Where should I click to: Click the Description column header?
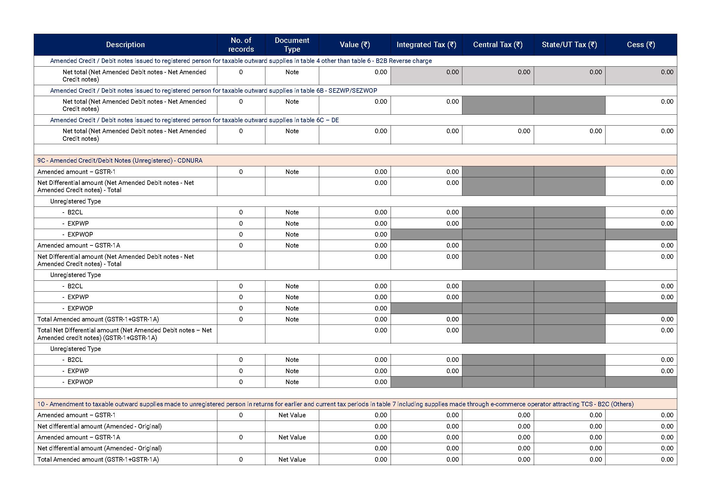click(x=125, y=45)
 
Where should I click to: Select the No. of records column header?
click(x=241, y=45)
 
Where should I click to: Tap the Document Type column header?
click(x=292, y=45)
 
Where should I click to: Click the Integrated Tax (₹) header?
click(x=426, y=45)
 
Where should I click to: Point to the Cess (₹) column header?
click(x=641, y=45)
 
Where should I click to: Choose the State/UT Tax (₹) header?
click(x=569, y=45)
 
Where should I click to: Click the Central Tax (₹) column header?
click(x=498, y=45)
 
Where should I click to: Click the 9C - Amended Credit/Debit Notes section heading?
click(x=120, y=161)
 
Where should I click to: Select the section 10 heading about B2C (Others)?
click(x=335, y=404)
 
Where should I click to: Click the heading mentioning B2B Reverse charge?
click(x=241, y=61)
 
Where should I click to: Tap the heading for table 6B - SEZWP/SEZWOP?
click(x=213, y=90)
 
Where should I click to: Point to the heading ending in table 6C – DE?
click(x=194, y=120)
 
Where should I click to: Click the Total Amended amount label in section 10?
click(x=98, y=459)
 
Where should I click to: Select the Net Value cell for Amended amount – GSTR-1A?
click(x=292, y=437)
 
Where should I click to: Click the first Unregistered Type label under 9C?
click(x=75, y=201)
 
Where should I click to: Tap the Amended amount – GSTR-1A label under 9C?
click(x=79, y=245)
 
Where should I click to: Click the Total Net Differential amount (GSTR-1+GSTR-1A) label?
click(x=124, y=334)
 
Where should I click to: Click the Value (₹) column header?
click(x=354, y=45)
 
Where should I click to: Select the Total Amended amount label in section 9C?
click(x=98, y=319)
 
